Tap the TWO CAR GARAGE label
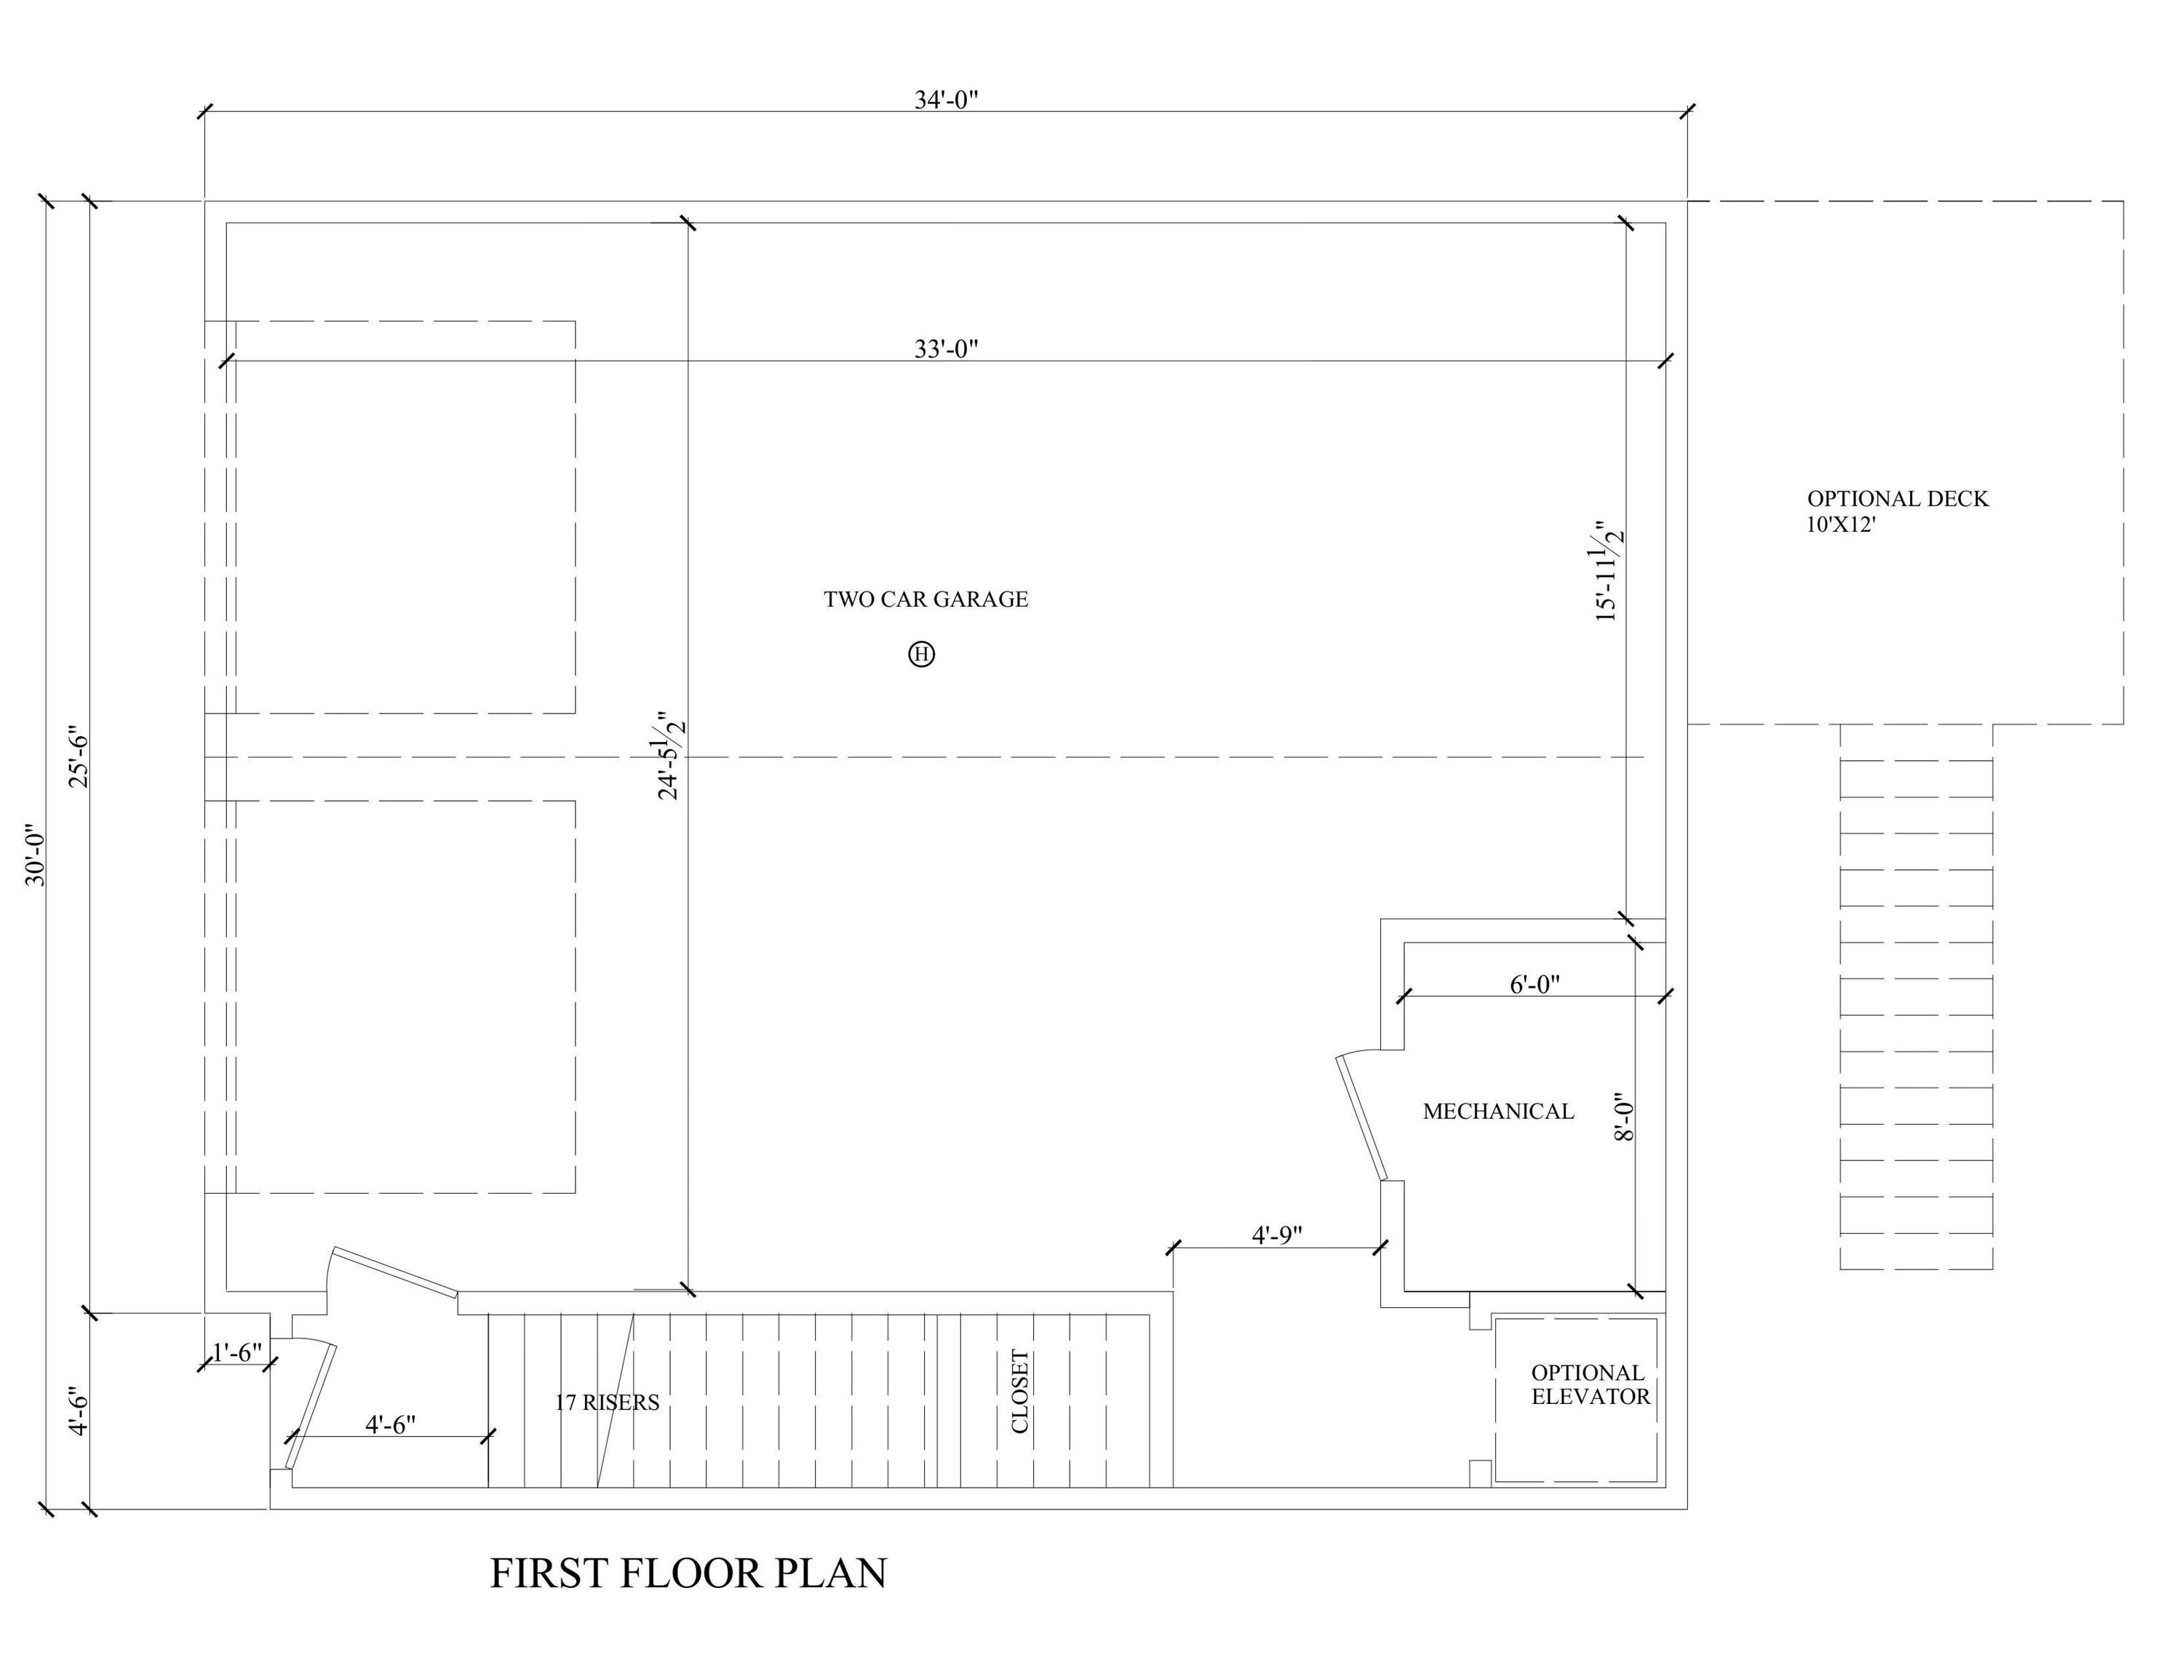click(x=926, y=599)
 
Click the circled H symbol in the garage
click(x=922, y=654)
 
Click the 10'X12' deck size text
click(x=1839, y=525)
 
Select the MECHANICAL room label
click(x=1497, y=1111)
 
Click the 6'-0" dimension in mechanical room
click(x=1535, y=984)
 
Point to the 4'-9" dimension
click(x=1276, y=1234)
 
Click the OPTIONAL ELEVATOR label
click(x=1589, y=1384)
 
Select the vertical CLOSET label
click(x=1020, y=1391)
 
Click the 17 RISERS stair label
click(x=606, y=1402)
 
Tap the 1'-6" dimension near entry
click(x=236, y=1352)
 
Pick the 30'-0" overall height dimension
click(x=35, y=854)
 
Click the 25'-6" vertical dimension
click(x=79, y=759)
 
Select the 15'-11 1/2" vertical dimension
click(x=1609, y=571)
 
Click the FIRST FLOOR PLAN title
click(x=688, y=1573)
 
